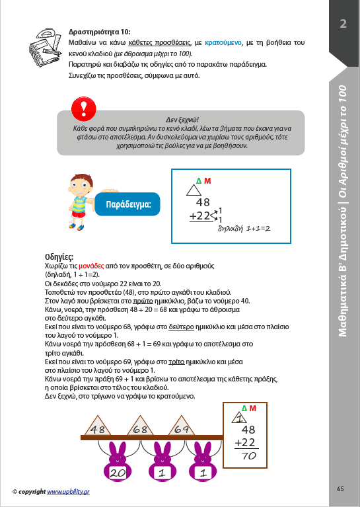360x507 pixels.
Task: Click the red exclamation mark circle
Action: [84, 108]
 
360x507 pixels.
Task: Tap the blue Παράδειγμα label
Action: [127, 204]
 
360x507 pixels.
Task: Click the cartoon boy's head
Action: [80, 185]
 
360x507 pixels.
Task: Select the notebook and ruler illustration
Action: [45, 48]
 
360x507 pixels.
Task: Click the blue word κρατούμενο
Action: [223, 43]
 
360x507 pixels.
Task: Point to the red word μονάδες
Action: [91, 266]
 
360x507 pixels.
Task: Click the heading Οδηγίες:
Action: [59, 257]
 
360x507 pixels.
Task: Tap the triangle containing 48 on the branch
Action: [98, 426]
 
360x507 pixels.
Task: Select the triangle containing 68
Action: [140, 426]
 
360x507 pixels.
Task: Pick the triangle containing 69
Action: [181, 426]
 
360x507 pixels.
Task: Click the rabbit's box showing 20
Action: [118, 473]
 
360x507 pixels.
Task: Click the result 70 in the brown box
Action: [249, 456]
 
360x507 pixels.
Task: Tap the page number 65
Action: [340, 489]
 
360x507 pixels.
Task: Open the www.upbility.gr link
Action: [68, 492]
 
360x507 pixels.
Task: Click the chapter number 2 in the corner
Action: [343, 24]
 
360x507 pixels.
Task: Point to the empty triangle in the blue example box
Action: [194, 190]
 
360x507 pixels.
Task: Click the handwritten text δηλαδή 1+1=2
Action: [244, 229]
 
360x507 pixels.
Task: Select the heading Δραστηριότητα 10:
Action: [100, 32]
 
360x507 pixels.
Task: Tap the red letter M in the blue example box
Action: [207, 181]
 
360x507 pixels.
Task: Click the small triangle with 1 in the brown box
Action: [239, 418]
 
